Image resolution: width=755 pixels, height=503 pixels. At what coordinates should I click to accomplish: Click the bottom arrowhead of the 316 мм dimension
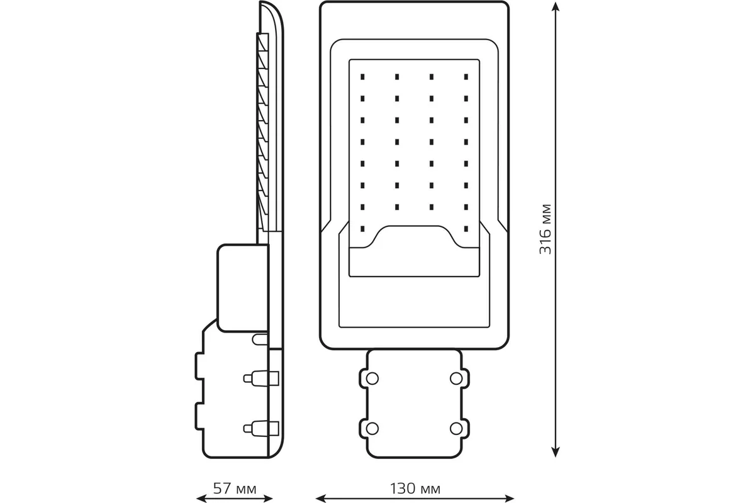coord(554,451)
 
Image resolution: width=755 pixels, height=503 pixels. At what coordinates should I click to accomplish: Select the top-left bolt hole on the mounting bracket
coord(372,377)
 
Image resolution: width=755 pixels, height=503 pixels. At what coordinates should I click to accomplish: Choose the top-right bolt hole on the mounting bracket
coord(457,377)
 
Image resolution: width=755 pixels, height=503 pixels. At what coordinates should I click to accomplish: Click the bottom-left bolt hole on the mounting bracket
coord(372,428)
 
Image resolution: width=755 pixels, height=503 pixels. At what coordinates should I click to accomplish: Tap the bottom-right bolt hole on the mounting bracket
coord(457,428)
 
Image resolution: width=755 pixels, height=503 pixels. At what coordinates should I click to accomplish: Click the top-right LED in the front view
coord(466,77)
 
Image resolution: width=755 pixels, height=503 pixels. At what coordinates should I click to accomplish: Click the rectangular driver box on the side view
coord(242,288)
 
